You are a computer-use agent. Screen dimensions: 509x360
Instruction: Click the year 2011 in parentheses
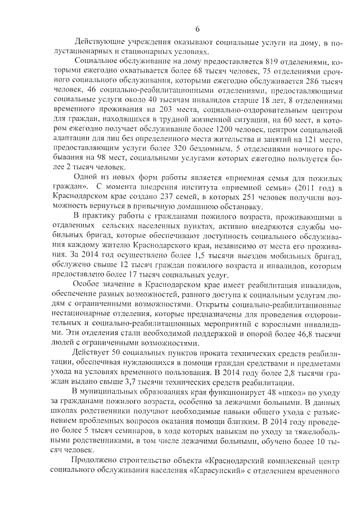click(303, 187)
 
